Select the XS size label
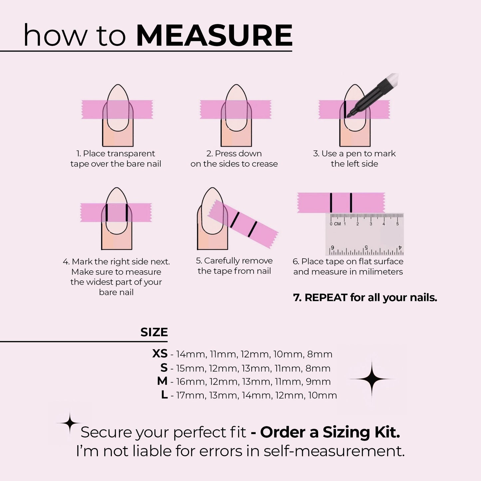pos(160,354)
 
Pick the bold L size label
pos(164,395)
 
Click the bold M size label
pos(162,381)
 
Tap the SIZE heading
pos(154,332)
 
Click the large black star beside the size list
pos(371,379)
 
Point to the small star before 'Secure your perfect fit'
pos(70,423)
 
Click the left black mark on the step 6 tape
pos(331,202)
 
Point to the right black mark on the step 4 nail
pos(127,213)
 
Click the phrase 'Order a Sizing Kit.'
pos(330,432)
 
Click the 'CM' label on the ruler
pos(337,224)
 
